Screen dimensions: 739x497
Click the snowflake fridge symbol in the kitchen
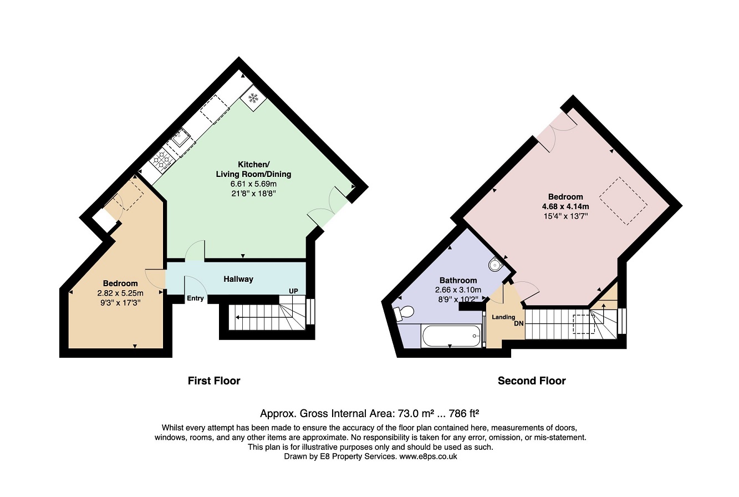coord(253,98)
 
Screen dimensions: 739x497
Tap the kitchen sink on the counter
coord(181,138)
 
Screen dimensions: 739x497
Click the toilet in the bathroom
coord(404,312)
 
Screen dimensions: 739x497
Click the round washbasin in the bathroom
coord(495,264)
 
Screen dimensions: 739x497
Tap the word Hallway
coord(238,279)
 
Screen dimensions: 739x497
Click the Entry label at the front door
coord(195,298)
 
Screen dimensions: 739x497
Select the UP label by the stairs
coord(293,291)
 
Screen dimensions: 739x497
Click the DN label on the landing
coord(518,323)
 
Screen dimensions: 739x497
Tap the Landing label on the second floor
coord(503,317)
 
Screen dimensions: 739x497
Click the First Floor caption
coord(214,381)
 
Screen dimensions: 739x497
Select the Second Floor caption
coord(532,381)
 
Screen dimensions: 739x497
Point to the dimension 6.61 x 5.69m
coord(253,184)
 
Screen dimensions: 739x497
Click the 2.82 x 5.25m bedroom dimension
coord(120,293)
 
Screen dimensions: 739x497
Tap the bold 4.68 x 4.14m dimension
coord(565,206)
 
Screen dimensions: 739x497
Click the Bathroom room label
coord(458,281)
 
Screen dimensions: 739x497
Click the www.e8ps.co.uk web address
coord(428,457)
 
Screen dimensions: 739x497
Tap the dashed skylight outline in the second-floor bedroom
coord(623,201)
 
